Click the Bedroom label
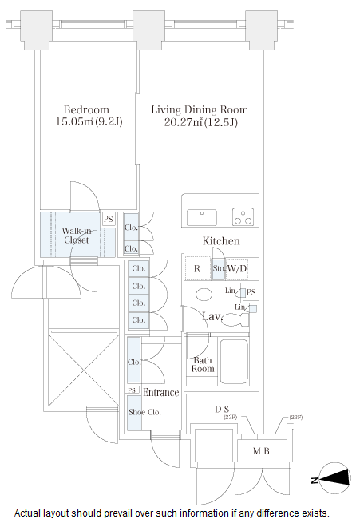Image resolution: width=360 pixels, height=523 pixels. pos(86,109)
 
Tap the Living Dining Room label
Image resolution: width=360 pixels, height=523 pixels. pos(200,109)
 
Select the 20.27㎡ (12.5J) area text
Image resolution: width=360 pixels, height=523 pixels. pos(200,122)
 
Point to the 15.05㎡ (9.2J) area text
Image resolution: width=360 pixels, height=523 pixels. pos(89,121)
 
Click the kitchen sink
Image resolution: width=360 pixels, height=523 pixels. pos(202,217)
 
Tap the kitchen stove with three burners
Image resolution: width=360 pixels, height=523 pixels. pos(243,217)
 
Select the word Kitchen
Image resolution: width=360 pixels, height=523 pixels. pos(221,241)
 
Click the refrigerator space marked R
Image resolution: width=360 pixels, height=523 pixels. pos(197,268)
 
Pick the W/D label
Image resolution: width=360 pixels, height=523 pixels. pos(236,268)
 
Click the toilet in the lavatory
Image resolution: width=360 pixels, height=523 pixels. pos(235,320)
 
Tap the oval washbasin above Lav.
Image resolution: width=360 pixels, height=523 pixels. pos(204,295)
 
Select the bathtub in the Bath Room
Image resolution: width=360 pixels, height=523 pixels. pos(234,362)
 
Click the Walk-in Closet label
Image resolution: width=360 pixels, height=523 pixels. pos(77,235)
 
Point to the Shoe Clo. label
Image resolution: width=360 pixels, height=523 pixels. pos(144,412)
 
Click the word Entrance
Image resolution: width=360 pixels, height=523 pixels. pos(160,392)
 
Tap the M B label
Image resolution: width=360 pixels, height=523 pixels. pos(261,451)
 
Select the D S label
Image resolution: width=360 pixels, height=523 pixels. pos(222,409)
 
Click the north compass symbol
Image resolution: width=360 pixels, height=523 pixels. pos(334,478)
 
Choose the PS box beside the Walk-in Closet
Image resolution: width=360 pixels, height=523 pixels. pos(109,219)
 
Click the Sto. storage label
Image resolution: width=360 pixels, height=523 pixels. pos(219,268)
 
